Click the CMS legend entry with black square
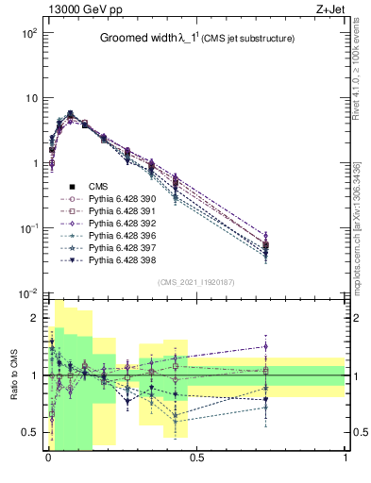(98, 187)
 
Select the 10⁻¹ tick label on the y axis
(28, 228)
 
